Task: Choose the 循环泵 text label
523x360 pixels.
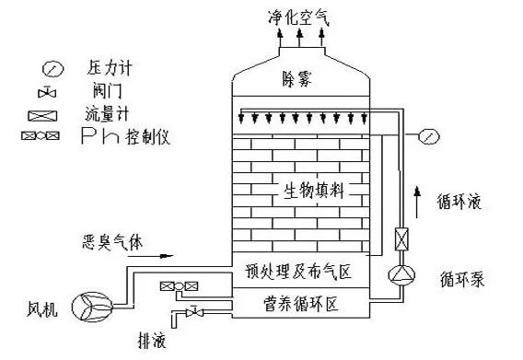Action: tap(454, 274)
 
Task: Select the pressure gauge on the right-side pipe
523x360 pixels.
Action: tap(426, 136)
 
